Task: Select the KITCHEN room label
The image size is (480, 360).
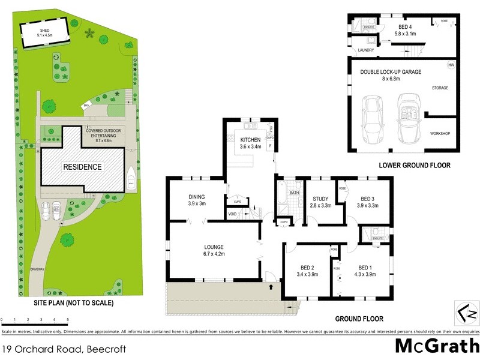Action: [251, 140]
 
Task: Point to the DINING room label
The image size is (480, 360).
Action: [197, 197]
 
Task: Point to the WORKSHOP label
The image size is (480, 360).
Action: [440, 133]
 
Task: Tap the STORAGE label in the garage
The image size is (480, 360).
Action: [440, 88]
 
